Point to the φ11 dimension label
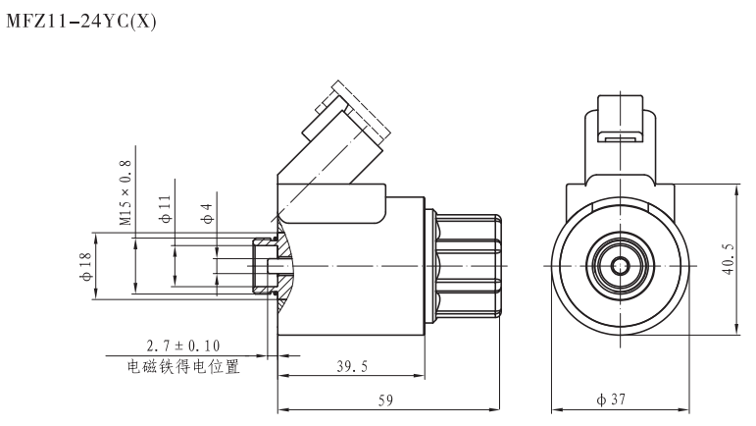click(167, 208)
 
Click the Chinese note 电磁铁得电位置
click(183, 368)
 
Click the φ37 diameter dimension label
click(622, 399)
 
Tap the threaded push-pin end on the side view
click(267, 265)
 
